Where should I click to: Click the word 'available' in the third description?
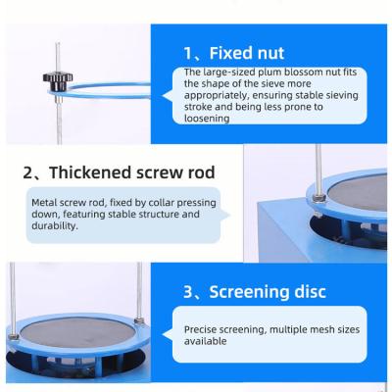tap(207, 342)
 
